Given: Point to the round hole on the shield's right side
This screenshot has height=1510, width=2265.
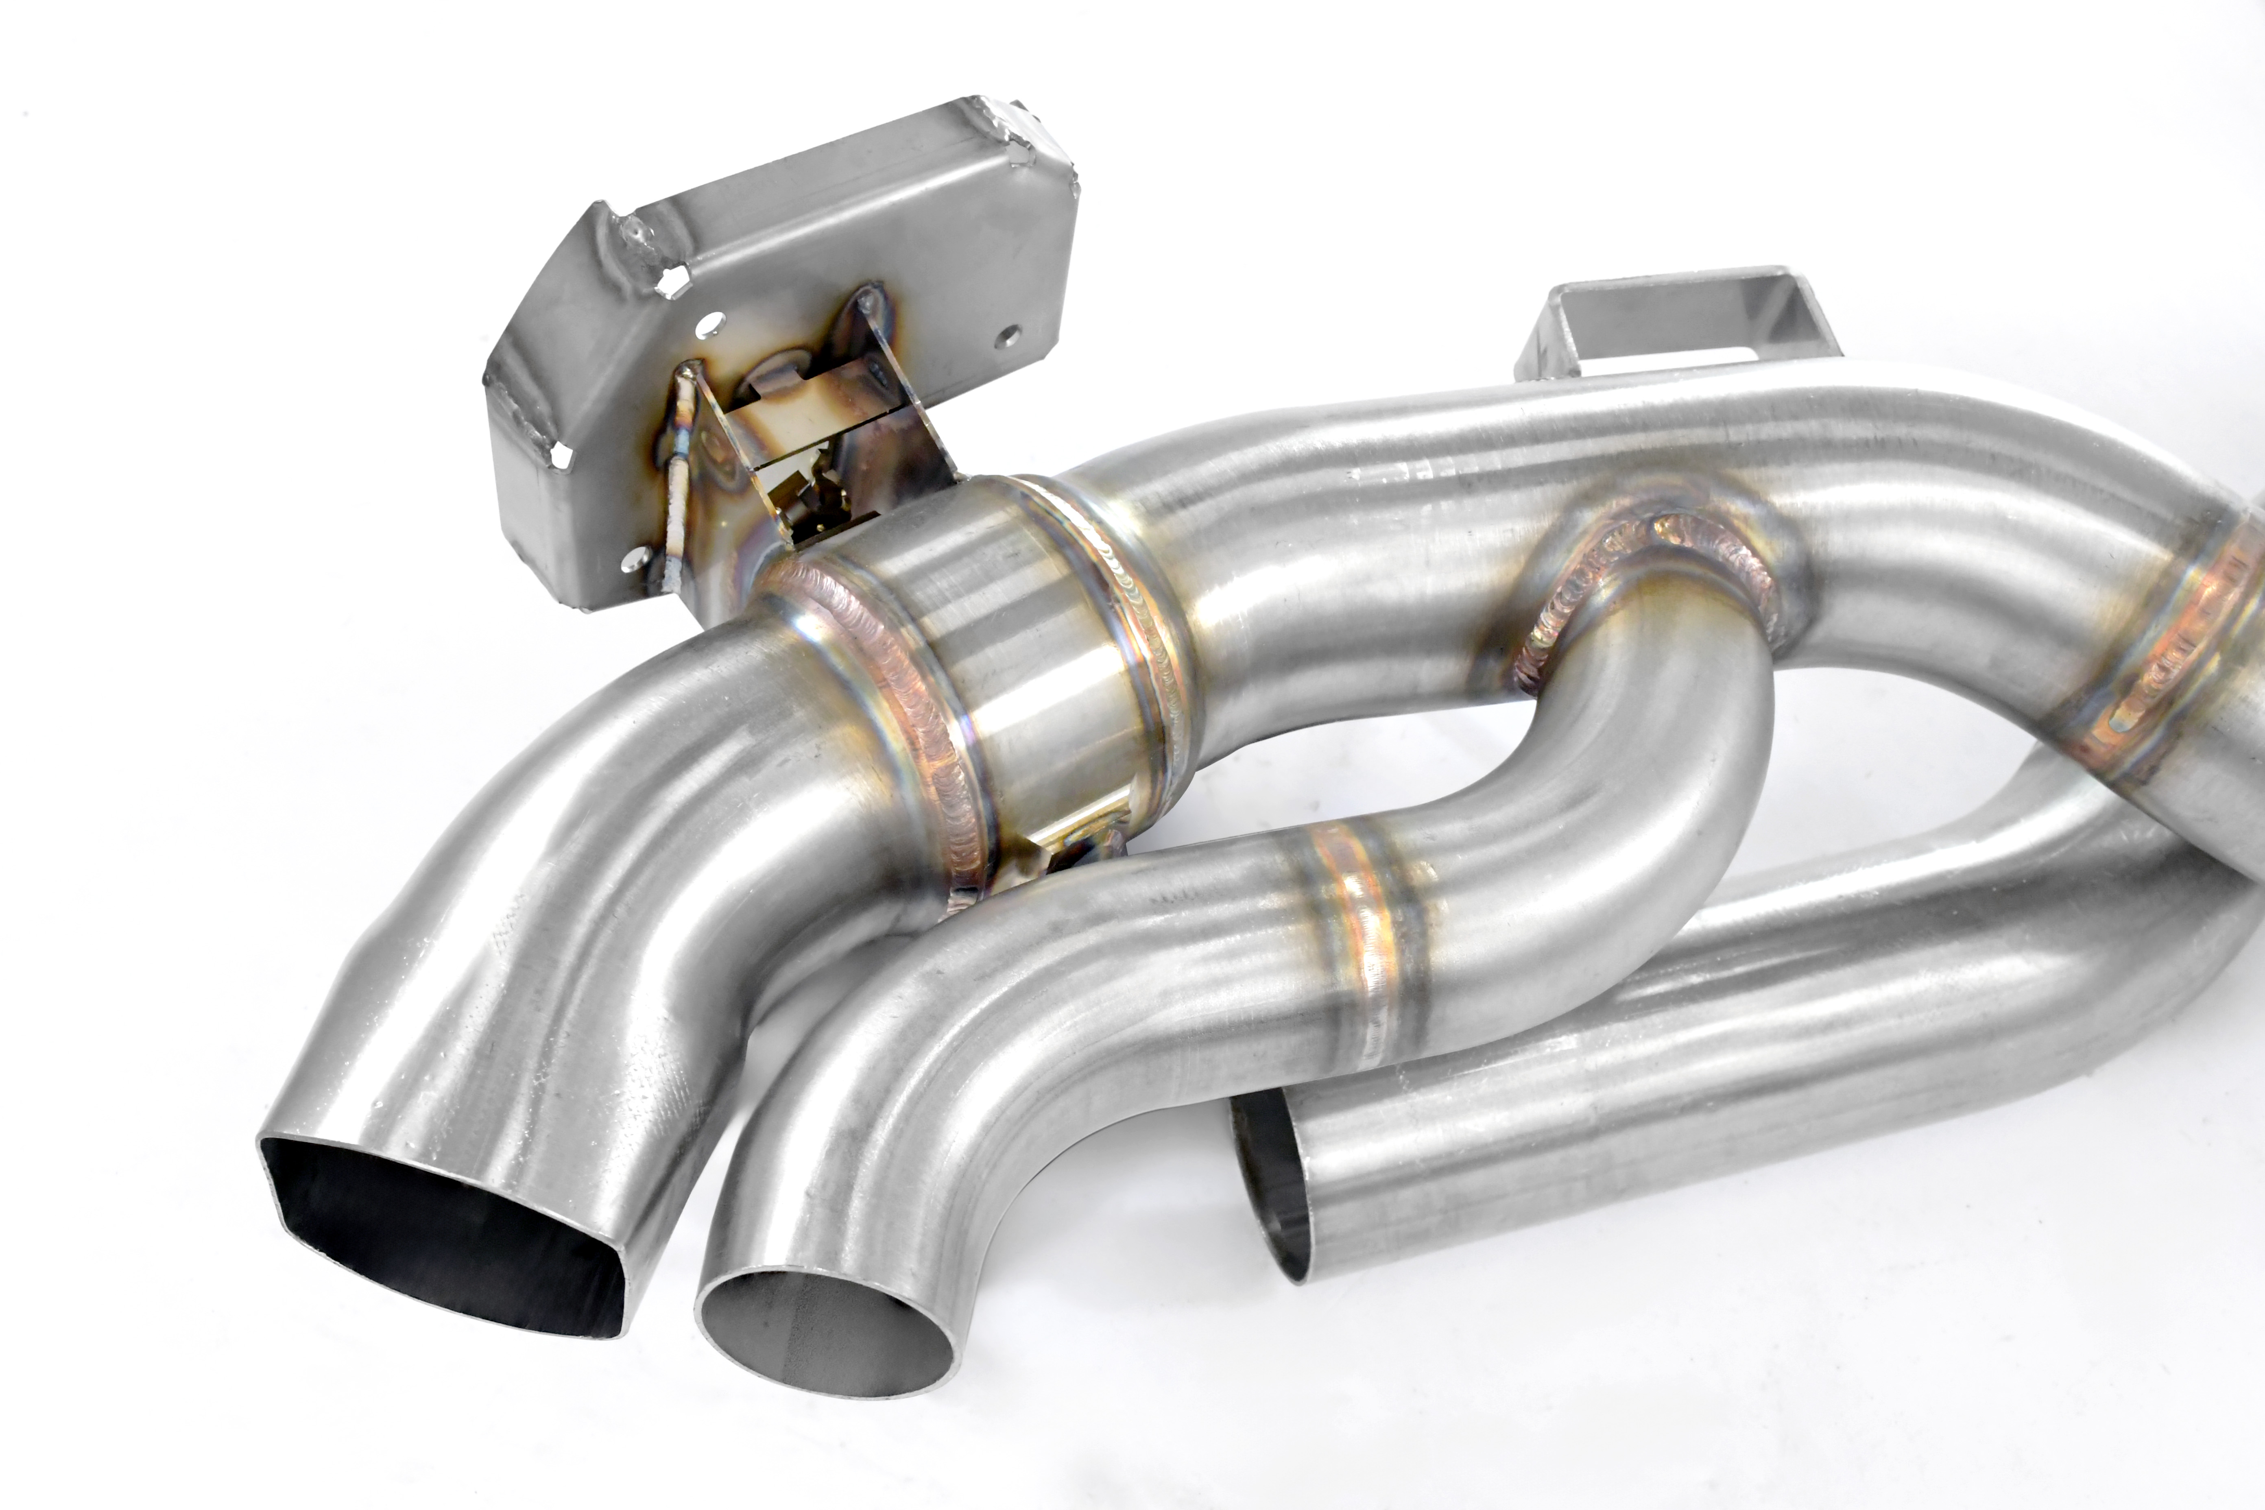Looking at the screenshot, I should tap(1007, 334).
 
